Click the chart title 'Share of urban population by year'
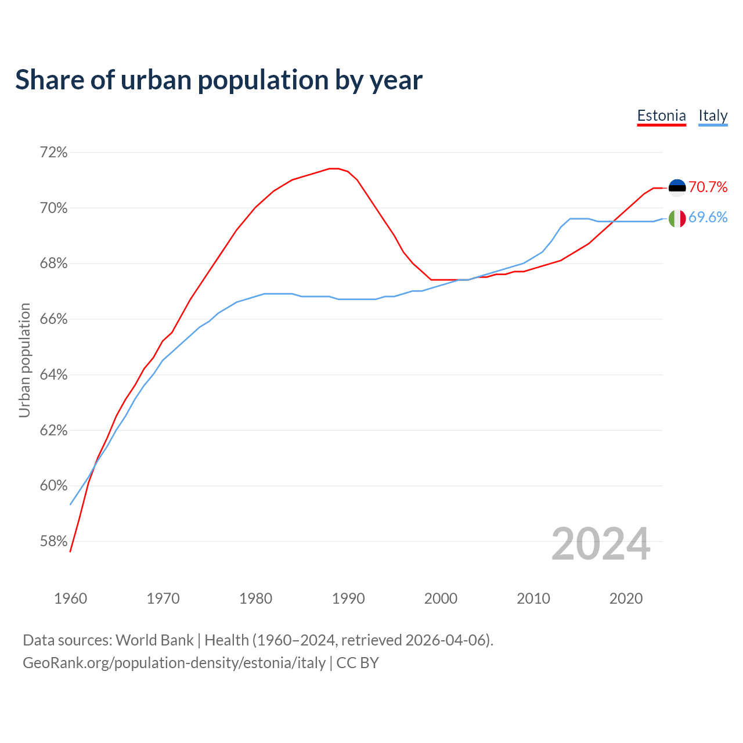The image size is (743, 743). [x=219, y=80]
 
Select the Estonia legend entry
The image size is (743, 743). [x=661, y=116]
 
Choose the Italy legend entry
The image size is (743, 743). [x=713, y=116]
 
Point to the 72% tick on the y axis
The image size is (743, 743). [x=53, y=153]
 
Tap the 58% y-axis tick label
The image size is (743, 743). [x=53, y=542]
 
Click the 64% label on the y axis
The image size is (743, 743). [x=53, y=375]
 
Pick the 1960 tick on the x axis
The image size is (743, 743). [x=70, y=598]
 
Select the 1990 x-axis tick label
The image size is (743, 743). [x=348, y=598]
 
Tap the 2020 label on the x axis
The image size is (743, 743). [x=626, y=598]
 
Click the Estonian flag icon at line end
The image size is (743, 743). [x=677, y=187]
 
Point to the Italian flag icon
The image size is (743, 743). [x=677, y=218]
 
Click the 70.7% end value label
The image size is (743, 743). [x=708, y=187]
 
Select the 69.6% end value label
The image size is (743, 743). [x=708, y=218]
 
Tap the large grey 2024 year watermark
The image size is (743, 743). [x=601, y=544]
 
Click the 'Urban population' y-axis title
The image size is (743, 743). [x=24, y=360]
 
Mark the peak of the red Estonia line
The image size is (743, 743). [x=334, y=168]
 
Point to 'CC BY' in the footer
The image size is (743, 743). [x=358, y=663]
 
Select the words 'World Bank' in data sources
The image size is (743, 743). [x=154, y=640]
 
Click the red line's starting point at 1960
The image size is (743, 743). [x=70, y=551]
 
